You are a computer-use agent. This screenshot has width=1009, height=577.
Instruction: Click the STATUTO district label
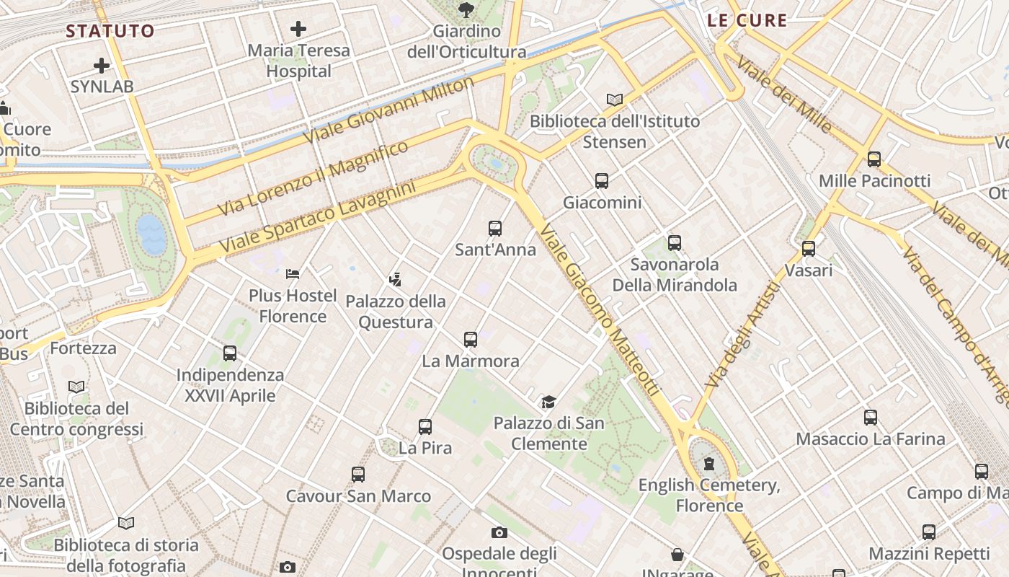(110, 31)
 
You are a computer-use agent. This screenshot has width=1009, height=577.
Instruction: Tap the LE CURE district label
(747, 20)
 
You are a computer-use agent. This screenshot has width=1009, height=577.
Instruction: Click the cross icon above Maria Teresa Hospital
(298, 29)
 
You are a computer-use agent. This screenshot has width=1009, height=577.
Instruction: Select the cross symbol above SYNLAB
(102, 66)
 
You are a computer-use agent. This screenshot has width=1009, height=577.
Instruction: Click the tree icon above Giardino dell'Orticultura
(466, 9)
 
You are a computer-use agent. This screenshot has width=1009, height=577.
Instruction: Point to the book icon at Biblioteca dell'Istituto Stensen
(615, 100)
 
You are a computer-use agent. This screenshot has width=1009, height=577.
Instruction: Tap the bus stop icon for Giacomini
(602, 181)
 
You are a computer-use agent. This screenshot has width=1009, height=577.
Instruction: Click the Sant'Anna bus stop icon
(495, 229)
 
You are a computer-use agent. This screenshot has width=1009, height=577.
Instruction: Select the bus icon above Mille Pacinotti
(874, 159)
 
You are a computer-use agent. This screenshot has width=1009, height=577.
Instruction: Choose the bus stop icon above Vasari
(809, 249)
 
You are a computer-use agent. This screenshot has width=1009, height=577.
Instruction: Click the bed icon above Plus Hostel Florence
(293, 274)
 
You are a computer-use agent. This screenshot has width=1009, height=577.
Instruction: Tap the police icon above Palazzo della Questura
(395, 279)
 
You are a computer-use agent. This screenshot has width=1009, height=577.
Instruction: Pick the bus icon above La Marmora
(471, 339)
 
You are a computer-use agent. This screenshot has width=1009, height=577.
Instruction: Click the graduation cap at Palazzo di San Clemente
(549, 402)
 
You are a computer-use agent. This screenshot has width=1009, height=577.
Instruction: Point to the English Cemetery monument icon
(709, 463)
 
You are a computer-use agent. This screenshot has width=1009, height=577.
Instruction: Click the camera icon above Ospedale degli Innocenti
(499, 533)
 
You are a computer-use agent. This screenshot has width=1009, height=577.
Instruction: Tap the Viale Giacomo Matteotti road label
(600, 309)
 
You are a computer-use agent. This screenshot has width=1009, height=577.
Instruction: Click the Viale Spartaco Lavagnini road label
(318, 218)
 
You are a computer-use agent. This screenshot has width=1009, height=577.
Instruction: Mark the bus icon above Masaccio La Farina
(871, 417)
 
